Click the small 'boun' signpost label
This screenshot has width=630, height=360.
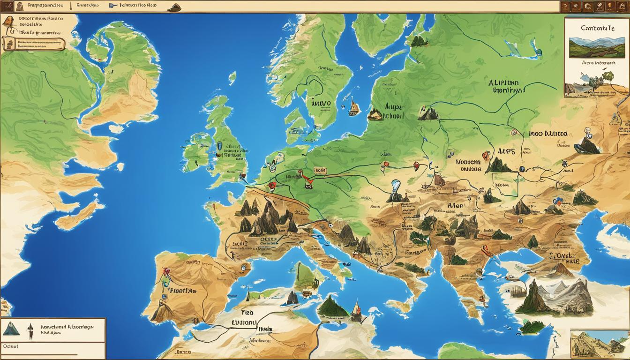pos(320,171)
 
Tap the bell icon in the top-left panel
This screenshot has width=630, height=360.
pos(8,22)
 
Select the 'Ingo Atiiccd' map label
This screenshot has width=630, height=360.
pos(548,134)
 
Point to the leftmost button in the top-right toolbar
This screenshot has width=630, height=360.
pos(565,7)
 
